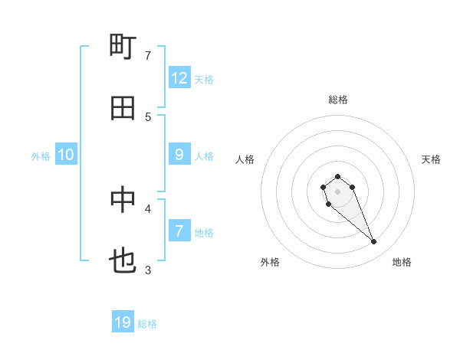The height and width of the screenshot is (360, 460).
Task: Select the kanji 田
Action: point(123,108)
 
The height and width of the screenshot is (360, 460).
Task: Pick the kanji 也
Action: point(123,261)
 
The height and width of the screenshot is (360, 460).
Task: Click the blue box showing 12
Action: point(179,78)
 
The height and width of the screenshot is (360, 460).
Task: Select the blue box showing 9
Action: point(179,155)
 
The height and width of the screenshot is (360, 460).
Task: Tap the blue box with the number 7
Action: point(179,231)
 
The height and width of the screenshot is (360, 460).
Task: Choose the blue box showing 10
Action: point(66,155)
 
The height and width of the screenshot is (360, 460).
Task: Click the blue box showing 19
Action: point(123,322)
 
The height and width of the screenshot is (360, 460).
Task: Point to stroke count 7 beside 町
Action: point(148,55)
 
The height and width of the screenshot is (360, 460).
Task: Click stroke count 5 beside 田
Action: point(148,116)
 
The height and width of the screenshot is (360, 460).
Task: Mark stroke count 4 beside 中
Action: point(148,208)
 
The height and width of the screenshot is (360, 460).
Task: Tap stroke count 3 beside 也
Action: point(148,270)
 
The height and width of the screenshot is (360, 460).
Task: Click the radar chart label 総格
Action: point(337,100)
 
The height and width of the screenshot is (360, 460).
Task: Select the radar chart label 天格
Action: point(432,159)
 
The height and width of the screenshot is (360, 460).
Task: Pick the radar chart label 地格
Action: point(402,262)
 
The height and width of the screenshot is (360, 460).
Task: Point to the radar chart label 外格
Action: point(270,262)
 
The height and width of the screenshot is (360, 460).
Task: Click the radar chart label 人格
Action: point(245,159)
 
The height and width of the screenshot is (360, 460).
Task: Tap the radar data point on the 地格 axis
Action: point(374,242)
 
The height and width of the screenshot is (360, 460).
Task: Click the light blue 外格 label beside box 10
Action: point(41,155)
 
